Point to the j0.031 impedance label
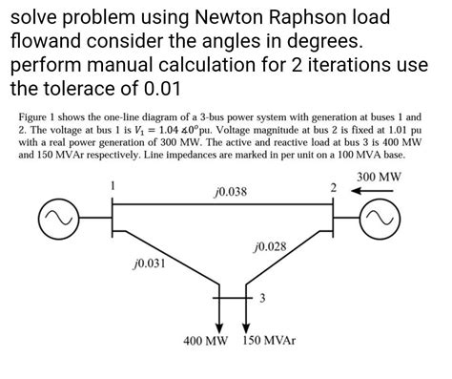click(150, 263)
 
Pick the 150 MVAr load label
click(271, 341)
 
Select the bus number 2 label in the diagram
click(334, 188)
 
